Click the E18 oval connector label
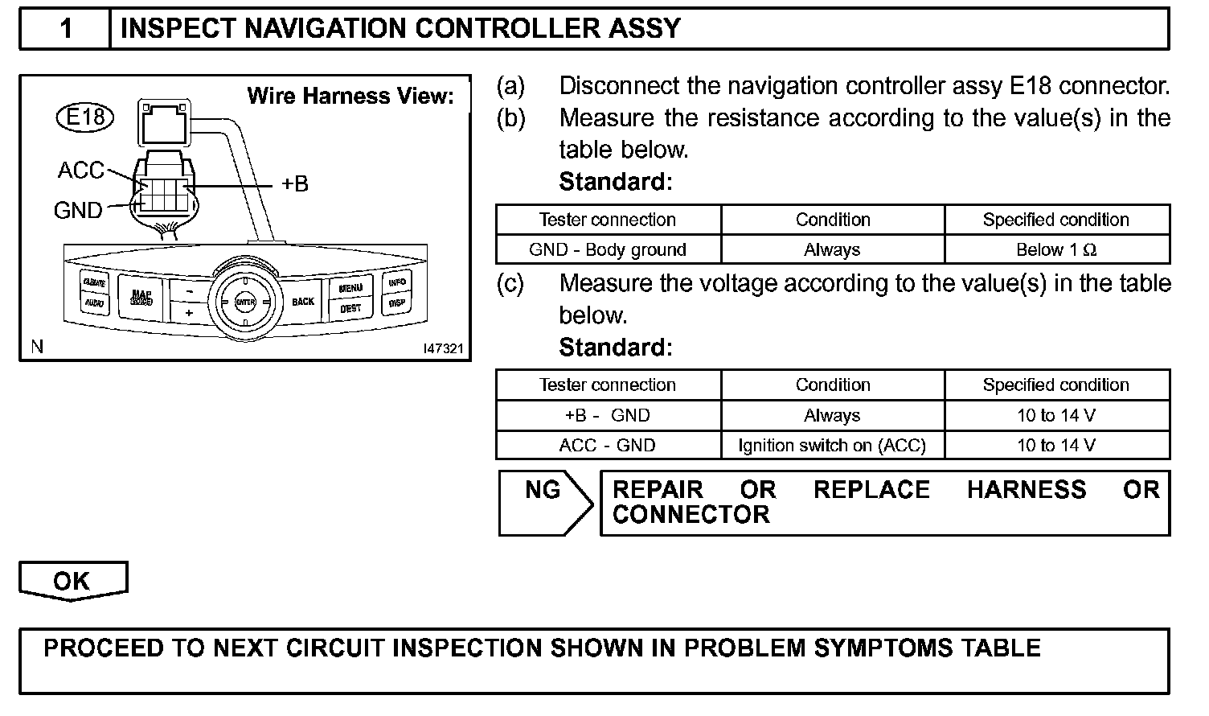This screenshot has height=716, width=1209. pos(85,117)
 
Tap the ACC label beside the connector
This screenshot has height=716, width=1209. pos(80,171)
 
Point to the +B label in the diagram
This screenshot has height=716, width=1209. pos(295,184)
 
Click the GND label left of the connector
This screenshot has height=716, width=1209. pos(78,211)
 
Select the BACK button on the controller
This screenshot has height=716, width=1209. pos(303,302)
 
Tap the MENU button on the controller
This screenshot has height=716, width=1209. pos(350,287)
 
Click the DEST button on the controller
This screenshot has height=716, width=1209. pos(350,309)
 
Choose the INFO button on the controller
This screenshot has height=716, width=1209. pos(397,282)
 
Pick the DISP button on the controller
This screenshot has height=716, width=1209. pos(396,304)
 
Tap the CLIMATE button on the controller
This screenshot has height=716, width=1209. pos(93,283)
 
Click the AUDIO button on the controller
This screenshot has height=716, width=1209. pos(93,303)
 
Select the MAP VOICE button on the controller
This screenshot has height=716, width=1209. pos(141,298)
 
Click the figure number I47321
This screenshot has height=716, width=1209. pos(444,348)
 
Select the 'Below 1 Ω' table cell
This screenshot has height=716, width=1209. pos(1056,249)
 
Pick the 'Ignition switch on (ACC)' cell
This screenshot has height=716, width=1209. pos(832,445)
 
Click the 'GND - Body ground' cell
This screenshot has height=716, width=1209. pos(608,249)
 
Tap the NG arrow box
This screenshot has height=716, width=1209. pos(544,503)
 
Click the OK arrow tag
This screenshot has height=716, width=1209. pos(72,581)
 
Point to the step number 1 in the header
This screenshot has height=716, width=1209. pos(66,29)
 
